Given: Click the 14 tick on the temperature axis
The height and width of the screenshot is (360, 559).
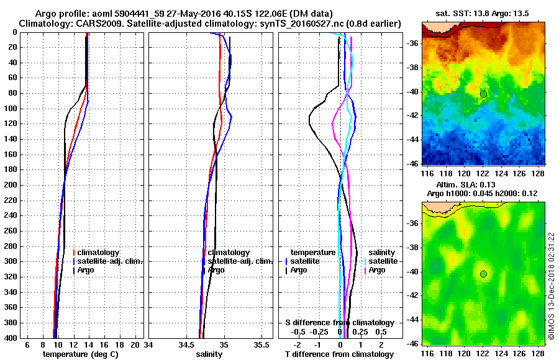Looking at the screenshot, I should pos(89,344).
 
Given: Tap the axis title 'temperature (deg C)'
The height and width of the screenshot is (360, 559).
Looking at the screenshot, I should pos(80,354).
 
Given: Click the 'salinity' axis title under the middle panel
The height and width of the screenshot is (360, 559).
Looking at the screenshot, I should pos(209,354).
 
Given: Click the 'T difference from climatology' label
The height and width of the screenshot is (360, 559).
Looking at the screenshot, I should pos(339,354).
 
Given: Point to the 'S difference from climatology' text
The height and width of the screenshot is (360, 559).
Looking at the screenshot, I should pos(339,323).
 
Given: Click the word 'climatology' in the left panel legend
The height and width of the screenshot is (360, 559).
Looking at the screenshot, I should pos(98,253).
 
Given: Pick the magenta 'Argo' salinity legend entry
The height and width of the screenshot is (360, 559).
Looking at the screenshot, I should pos(377,270).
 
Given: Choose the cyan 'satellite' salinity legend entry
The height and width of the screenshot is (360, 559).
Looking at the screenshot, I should pos(383,261).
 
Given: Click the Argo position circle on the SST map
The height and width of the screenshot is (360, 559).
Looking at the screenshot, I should pos(483,94).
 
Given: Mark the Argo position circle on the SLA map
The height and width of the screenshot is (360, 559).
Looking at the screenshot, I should pos(483,274).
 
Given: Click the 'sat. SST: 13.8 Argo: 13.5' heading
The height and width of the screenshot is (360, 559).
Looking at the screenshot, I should pos(483,13).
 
